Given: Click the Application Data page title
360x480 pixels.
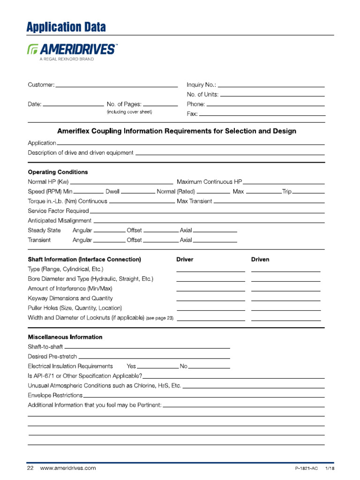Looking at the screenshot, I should coord(66,27).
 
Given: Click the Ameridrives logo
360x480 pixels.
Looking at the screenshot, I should coord(73,49).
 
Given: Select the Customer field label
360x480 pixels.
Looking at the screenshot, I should coord(41,85).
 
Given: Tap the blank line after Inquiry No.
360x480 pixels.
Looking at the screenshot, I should coord(271,86).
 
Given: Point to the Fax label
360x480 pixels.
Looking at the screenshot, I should coord(192,113).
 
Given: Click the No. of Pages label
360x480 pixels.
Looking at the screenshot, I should coord(124,104).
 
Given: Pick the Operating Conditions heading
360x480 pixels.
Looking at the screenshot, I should coord(58,172).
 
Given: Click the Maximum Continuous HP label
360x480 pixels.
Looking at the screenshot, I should coord(209,182).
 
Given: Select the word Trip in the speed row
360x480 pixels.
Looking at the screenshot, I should coord(287,192).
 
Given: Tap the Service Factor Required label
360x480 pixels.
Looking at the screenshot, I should coord(58,211).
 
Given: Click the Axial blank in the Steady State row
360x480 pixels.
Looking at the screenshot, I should coord(215,231).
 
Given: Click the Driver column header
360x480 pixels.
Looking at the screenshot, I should coord(185,259).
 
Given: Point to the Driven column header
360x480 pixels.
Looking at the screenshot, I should coord(260,259).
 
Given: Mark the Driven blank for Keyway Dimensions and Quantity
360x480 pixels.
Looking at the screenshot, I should coord(286,299).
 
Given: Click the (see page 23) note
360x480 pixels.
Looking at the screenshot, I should coord(159,318).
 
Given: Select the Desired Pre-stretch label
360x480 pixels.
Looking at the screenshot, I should coord(52,356).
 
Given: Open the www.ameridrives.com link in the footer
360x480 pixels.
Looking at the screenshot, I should coord(68,468).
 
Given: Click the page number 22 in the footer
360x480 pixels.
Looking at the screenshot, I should coord(30,468).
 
